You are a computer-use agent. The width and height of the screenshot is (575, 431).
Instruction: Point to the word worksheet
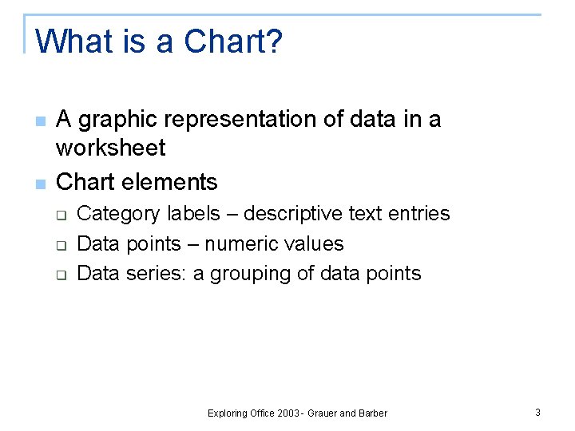110,148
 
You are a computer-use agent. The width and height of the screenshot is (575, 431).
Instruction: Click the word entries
418,214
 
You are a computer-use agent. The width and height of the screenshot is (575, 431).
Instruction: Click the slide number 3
537,413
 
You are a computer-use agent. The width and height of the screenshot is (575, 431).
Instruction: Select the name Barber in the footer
373,413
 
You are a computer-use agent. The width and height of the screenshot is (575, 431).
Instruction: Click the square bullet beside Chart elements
41,184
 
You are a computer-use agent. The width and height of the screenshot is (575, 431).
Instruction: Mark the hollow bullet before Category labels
60,215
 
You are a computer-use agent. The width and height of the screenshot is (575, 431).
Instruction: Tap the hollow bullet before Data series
60,275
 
